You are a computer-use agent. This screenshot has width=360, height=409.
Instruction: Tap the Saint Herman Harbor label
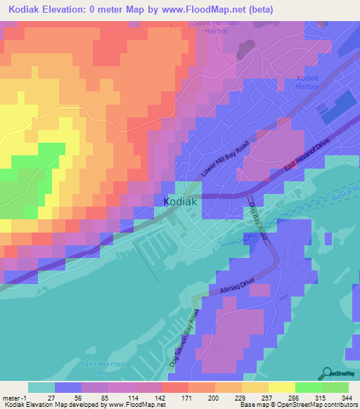[217, 27]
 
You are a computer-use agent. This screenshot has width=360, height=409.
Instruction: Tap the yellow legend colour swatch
[281, 387]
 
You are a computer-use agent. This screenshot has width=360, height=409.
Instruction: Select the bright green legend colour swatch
[308, 387]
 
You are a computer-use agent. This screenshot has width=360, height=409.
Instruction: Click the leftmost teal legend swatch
[41, 387]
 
